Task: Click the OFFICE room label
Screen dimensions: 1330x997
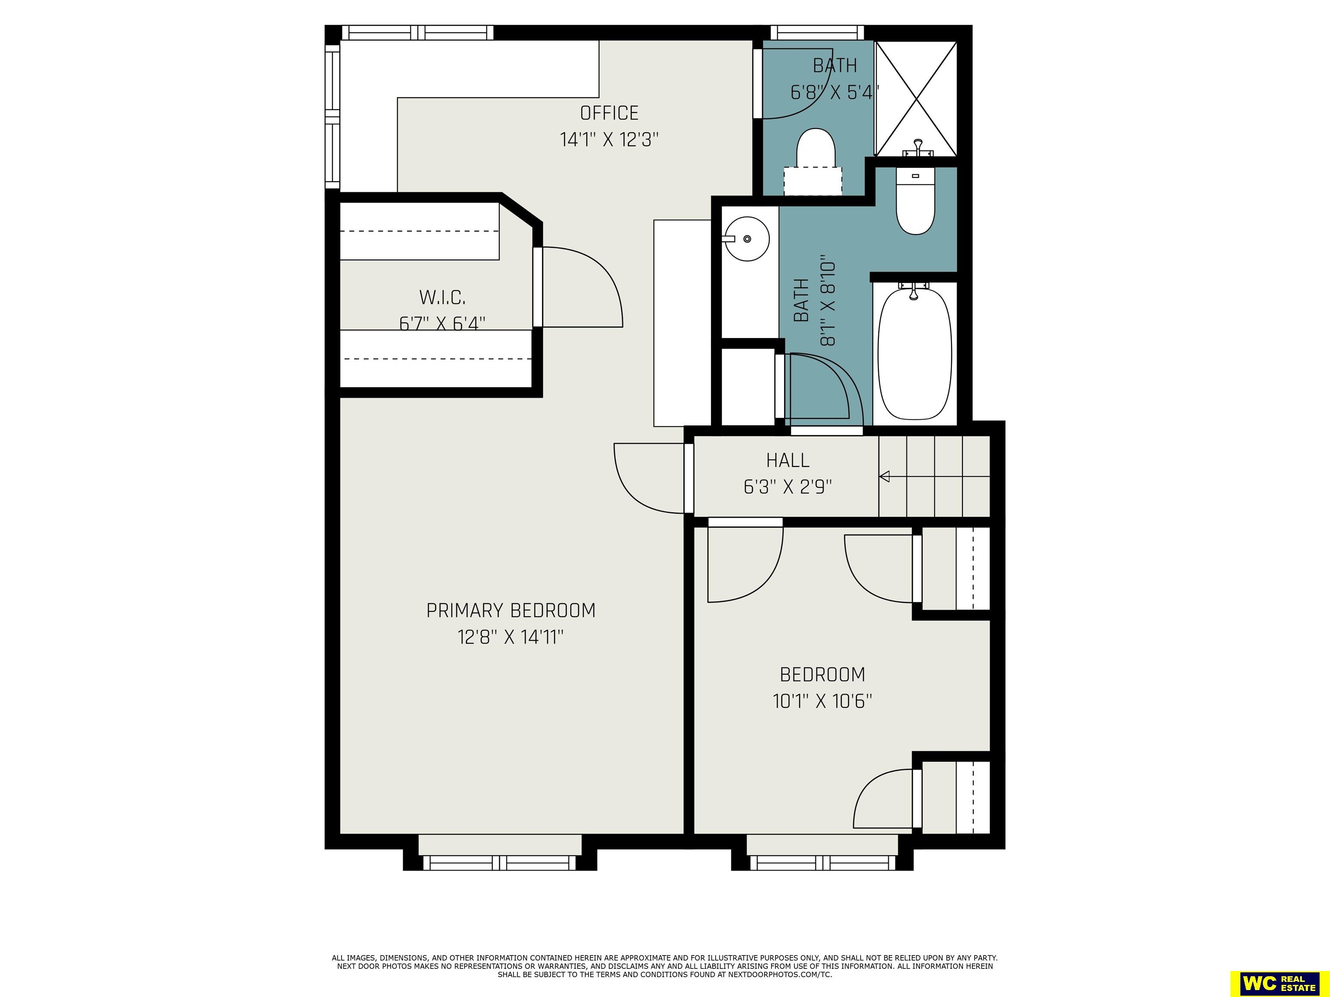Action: point(609,113)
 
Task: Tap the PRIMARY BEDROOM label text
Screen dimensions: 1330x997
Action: point(511,611)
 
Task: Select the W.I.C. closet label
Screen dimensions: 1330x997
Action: point(442,297)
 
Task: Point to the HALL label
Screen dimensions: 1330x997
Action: point(788,460)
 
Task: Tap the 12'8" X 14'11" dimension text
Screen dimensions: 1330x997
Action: point(511,637)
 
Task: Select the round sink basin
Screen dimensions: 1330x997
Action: point(747,239)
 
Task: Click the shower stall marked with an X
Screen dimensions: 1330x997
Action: point(915,99)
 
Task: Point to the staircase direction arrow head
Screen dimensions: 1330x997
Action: point(885,476)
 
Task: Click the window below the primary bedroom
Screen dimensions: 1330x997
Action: point(500,863)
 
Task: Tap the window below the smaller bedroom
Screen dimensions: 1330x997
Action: point(823,863)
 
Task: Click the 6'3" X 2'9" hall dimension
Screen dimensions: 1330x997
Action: point(788,487)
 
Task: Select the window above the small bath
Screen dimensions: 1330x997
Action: point(817,32)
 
